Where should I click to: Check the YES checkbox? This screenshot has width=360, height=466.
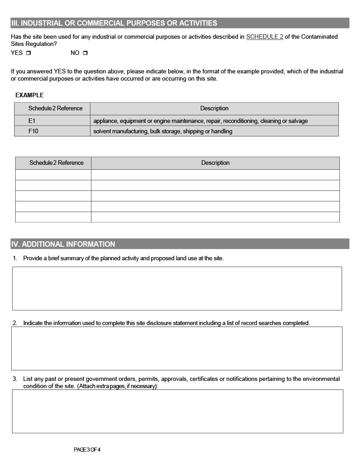(x=28, y=53)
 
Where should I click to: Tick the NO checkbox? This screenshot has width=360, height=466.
(x=85, y=53)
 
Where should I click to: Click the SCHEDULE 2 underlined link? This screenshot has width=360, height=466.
(x=265, y=37)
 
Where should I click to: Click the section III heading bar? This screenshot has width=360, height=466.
(x=180, y=23)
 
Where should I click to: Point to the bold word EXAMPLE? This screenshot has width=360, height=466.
(x=30, y=95)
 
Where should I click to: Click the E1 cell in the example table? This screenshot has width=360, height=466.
(x=52, y=121)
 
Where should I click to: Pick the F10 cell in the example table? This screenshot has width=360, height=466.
(x=52, y=131)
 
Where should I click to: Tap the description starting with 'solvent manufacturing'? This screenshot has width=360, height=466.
(x=163, y=131)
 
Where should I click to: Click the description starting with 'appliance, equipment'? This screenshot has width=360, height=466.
(x=201, y=121)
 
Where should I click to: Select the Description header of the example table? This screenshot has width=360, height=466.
(x=214, y=109)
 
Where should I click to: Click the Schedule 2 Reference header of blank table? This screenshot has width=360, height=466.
(x=56, y=163)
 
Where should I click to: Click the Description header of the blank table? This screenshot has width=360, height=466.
(x=215, y=163)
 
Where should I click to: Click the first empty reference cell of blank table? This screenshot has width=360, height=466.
(x=53, y=175)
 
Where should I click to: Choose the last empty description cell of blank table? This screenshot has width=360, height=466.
(x=215, y=217)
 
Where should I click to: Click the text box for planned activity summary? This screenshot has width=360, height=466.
(x=177, y=288)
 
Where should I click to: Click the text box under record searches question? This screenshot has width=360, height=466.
(x=177, y=348)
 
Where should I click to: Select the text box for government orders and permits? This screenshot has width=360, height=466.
(x=177, y=411)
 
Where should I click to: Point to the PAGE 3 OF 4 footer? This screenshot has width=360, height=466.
(x=87, y=449)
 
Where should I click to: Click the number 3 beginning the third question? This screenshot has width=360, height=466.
(x=14, y=379)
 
